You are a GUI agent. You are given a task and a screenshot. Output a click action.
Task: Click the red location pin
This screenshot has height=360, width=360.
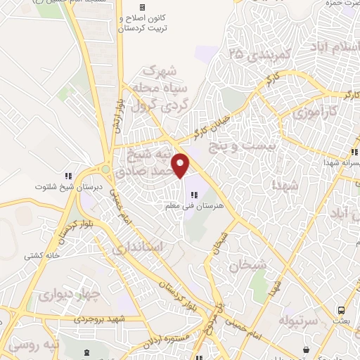[181, 165]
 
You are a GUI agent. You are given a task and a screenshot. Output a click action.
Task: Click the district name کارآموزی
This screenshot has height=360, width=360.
[309, 112]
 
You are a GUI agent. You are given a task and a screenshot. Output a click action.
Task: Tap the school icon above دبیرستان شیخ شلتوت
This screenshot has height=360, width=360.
[68, 175]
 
